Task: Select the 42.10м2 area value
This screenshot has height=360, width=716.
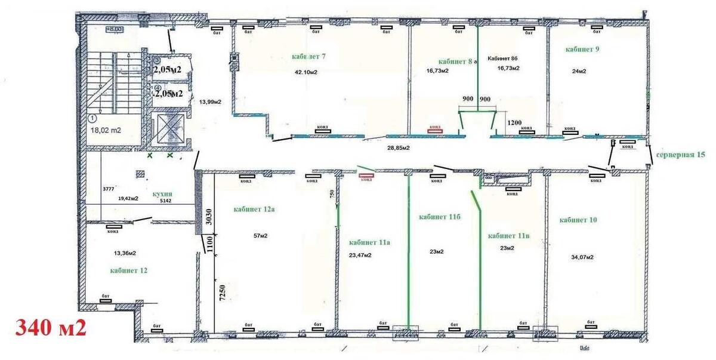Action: click(x=305, y=73)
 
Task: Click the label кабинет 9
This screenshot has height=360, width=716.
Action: click(x=582, y=50)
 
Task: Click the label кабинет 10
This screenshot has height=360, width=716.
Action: click(x=578, y=220)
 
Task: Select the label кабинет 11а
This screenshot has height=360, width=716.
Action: click(x=369, y=242)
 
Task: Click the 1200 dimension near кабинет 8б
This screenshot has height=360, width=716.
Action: click(x=514, y=122)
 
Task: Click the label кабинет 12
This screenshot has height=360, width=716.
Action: click(x=128, y=270)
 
